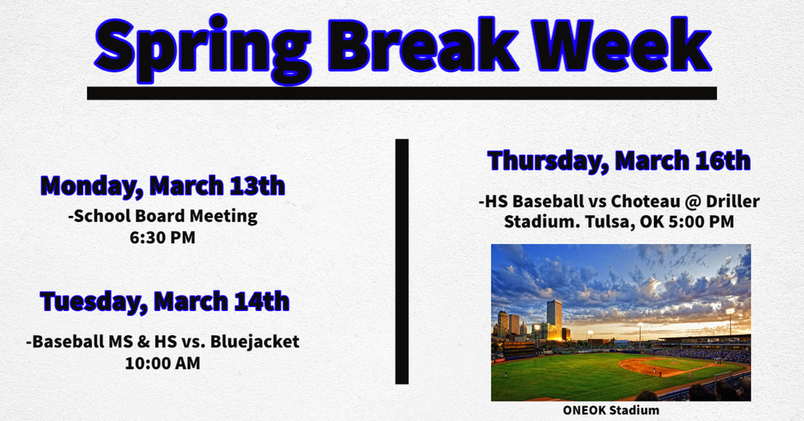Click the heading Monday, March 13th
click(x=163, y=185)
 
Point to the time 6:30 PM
click(x=163, y=238)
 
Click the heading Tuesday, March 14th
click(x=165, y=301)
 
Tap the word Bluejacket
click(x=255, y=342)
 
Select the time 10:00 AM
click(x=163, y=364)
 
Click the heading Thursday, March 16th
click(x=619, y=160)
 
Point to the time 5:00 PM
click(x=703, y=222)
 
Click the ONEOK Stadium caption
click(x=611, y=410)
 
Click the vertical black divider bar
click(x=402, y=262)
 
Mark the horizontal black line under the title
click(x=402, y=93)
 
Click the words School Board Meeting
click(x=163, y=217)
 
